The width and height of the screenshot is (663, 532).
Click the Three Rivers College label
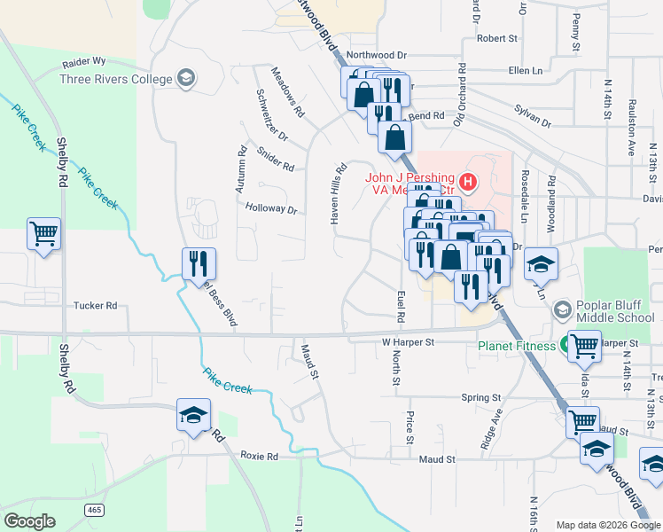click(115, 79)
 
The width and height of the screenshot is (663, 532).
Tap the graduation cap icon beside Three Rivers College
click(186, 79)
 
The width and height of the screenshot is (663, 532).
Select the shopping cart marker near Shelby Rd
click(43, 235)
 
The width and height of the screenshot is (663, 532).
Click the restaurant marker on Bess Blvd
click(199, 264)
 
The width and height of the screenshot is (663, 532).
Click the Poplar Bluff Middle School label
click(615, 311)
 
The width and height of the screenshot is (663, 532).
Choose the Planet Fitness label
click(518, 346)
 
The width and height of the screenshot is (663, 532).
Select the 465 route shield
click(95, 509)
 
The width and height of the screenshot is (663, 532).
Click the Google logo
click(30, 521)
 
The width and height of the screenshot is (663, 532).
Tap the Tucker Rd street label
click(95, 306)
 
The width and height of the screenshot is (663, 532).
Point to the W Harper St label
click(408, 341)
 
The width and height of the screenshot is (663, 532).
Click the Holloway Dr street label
click(270, 209)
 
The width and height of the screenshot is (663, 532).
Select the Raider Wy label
click(84, 63)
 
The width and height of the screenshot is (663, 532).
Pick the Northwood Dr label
click(376, 54)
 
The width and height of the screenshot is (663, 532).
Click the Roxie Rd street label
click(261, 457)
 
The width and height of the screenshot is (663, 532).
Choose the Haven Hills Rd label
click(338, 192)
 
